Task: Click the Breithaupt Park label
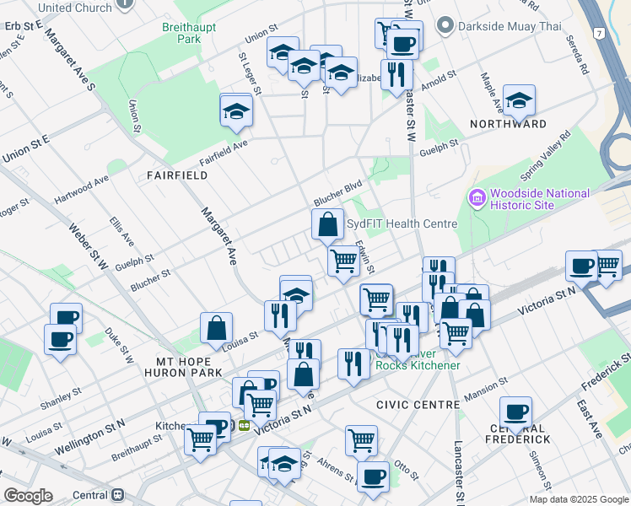point(189,33)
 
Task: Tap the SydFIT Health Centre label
point(402,224)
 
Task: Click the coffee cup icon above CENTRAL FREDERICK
point(515,412)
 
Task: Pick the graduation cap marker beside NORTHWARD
point(519,100)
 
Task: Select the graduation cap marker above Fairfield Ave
point(236,110)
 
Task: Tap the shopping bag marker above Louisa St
point(217,327)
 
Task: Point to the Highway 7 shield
point(598,33)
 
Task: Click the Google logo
point(28,496)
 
